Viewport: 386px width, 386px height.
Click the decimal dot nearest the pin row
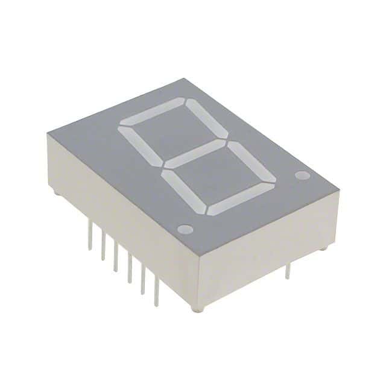pos(185,229)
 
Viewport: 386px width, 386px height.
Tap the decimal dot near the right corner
pos(302,176)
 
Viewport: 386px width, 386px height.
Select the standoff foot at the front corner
pos(197,309)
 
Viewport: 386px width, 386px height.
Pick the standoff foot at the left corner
pos(55,193)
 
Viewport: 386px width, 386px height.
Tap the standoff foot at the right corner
pos(324,247)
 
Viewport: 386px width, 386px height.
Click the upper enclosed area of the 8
pos(175,133)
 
